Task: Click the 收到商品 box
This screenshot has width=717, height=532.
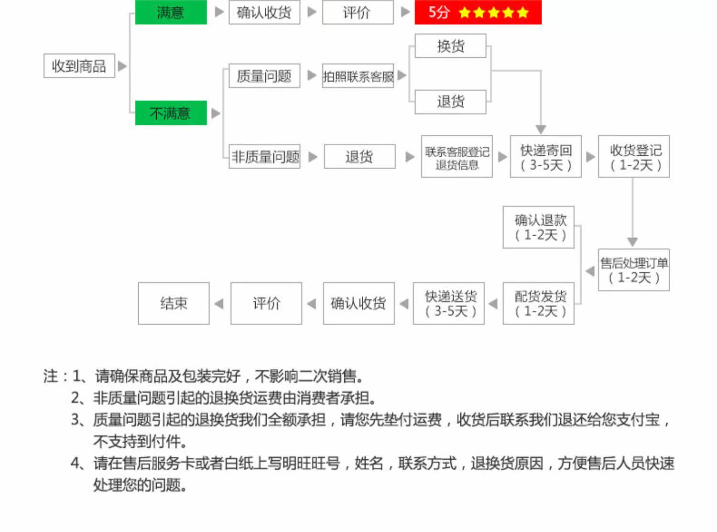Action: [x=79, y=65]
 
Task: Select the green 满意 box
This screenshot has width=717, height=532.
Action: [x=171, y=12]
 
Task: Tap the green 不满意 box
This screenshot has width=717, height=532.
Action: [x=171, y=113]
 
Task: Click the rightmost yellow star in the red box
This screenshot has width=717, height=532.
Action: [x=523, y=12]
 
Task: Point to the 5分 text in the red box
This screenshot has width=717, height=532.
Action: [x=439, y=12]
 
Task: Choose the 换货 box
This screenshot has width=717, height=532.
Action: [x=450, y=46]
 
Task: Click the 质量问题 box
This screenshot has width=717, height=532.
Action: [x=264, y=76]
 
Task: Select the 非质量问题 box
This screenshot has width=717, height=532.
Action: [x=264, y=156]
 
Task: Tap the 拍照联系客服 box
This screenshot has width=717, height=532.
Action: [x=358, y=76]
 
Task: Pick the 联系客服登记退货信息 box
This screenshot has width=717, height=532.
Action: [x=456, y=157]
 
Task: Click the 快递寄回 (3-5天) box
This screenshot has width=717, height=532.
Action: [x=545, y=157]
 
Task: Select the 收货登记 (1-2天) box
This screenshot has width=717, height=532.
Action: [x=634, y=157]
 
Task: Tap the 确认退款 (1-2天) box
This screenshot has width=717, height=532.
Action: [x=539, y=228]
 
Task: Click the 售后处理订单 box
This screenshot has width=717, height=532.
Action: [x=634, y=270]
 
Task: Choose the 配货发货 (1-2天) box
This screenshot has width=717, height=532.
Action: [x=539, y=304]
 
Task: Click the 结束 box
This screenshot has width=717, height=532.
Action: [x=174, y=304]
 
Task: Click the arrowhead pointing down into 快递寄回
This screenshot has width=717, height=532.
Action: [x=541, y=130]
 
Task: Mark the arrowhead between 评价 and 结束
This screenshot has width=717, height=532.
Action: [x=219, y=304]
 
